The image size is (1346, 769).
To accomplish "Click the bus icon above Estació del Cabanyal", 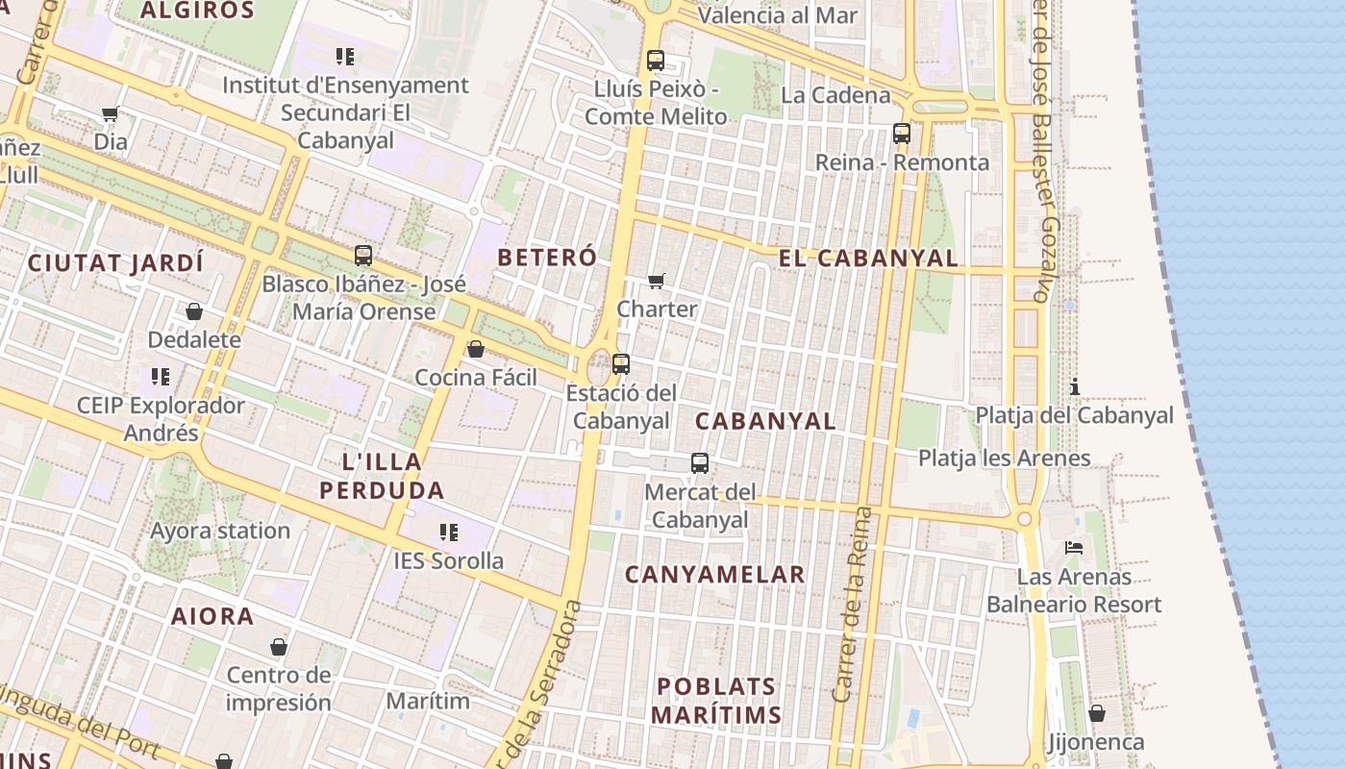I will click(x=621, y=364).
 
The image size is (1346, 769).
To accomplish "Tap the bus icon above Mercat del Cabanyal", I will click(x=700, y=463).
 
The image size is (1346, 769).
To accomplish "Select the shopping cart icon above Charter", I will click(x=657, y=281).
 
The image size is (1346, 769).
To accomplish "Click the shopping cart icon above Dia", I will click(x=111, y=114).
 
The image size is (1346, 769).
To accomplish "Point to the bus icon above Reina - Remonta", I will click(x=902, y=134).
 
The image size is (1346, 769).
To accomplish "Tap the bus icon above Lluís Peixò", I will click(x=656, y=61).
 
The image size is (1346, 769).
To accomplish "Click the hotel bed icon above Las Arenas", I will click(x=1074, y=548).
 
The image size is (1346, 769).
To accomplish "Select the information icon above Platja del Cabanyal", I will click(x=1075, y=386).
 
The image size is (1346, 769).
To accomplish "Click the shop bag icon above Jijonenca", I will click(x=1096, y=713).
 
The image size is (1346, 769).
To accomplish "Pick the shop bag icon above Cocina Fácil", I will click(x=476, y=349).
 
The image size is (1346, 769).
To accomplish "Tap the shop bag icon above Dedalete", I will click(x=194, y=311).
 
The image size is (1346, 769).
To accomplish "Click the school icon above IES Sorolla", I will click(x=448, y=532).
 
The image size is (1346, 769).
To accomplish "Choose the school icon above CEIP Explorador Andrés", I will click(x=161, y=376).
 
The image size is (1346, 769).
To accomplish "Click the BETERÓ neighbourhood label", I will click(x=547, y=257).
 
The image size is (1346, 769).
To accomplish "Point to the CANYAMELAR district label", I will click(x=715, y=575).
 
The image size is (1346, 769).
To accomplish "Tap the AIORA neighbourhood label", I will click(x=212, y=616).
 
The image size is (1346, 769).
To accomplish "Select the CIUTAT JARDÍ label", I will click(x=115, y=262).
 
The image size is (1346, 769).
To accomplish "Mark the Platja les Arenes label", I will click(x=1005, y=458).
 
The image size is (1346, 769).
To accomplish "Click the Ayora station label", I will click(x=220, y=531).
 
